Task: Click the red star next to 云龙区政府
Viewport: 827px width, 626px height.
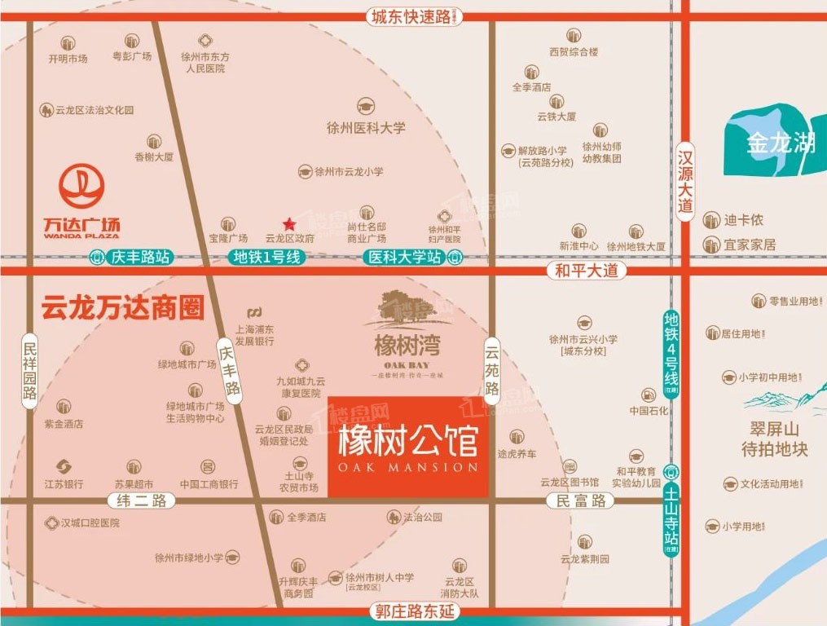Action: coord(288,224)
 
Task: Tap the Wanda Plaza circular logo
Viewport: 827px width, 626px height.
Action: coord(81,187)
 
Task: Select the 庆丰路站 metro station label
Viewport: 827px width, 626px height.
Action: coord(132,257)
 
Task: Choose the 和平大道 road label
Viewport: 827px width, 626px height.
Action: coord(587,271)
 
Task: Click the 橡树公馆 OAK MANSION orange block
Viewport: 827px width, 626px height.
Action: coord(408,447)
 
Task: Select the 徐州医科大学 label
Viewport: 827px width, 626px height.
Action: coord(366,128)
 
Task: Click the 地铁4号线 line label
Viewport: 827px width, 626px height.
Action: coord(671,352)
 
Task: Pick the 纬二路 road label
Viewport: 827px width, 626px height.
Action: coord(142,501)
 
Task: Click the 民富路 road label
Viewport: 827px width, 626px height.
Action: coord(581,501)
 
